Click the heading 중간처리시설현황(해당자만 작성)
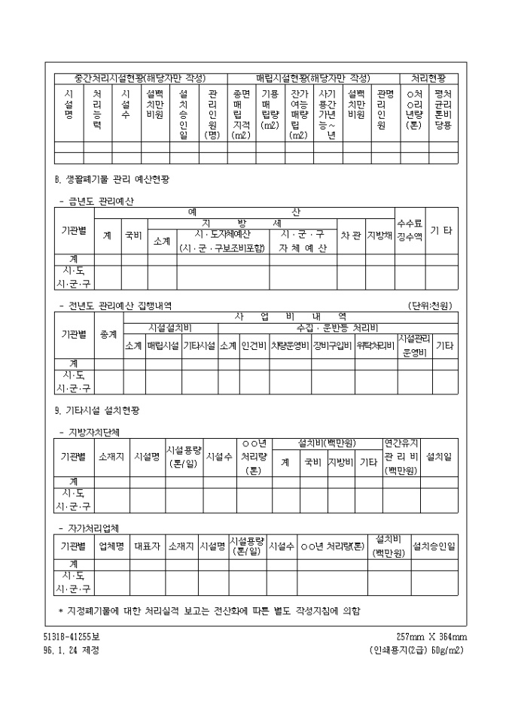tap(140, 78)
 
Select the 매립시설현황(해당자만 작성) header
tap(313, 78)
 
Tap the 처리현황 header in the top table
tap(428, 78)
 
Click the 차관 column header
tap(350, 235)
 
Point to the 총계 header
tap(108, 334)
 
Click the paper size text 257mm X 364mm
tap(431, 637)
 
